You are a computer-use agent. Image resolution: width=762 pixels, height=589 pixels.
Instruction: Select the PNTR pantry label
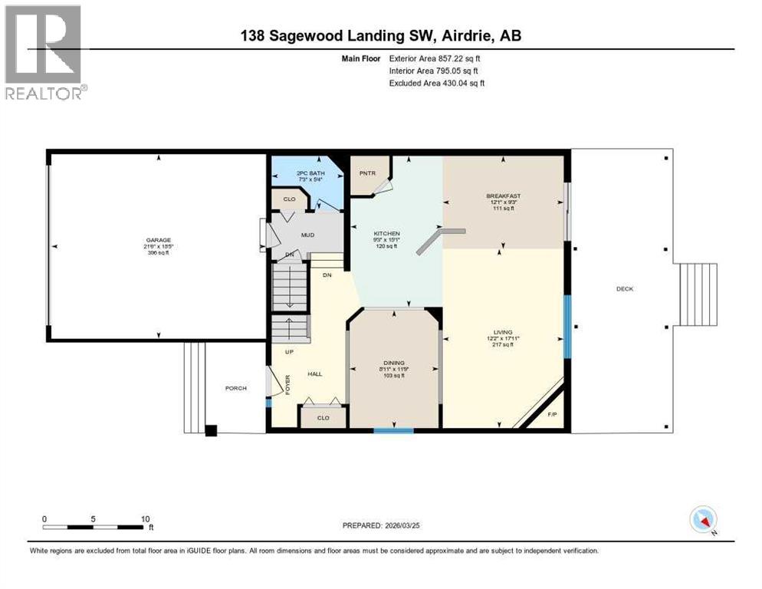(x=367, y=173)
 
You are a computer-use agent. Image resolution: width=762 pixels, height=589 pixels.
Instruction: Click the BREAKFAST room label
(x=503, y=196)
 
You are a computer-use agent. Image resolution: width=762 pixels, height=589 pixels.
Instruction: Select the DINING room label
(x=394, y=363)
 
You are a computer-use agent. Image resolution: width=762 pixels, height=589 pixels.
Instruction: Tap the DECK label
(x=625, y=289)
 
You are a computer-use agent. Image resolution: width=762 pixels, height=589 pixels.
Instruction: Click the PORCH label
(x=236, y=388)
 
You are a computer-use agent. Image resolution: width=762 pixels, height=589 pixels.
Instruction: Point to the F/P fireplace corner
(x=553, y=415)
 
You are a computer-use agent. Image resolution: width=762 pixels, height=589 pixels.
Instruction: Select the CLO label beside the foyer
(x=323, y=418)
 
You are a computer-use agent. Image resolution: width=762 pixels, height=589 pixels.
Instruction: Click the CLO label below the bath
(x=289, y=199)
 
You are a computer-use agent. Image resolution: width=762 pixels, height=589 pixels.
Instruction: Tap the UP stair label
(x=288, y=352)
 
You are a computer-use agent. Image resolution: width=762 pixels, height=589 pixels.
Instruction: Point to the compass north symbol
(x=702, y=519)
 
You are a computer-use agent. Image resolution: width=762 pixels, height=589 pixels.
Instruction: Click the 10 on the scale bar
(x=145, y=519)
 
